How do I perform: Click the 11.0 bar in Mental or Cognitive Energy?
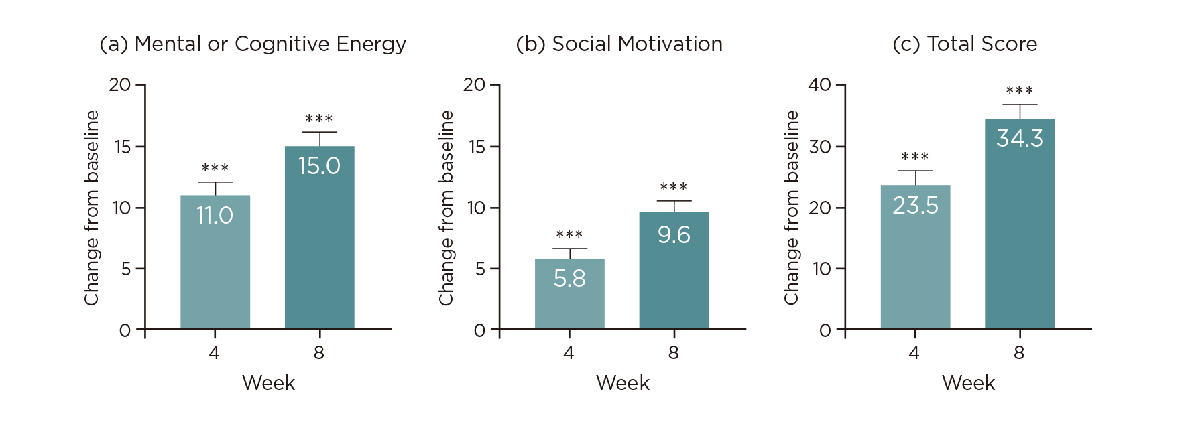(x=215, y=261)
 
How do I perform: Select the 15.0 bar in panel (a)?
(x=319, y=238)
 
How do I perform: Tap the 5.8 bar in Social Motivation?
(x=569, y=293)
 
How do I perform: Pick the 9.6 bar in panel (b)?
(x=673, y=270)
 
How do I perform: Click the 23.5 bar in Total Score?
(x=915, y=257)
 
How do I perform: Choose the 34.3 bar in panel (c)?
(x=1019, y=224)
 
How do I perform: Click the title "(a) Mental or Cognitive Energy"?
(x=253, y=44)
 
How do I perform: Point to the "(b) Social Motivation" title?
(x=619, y=44)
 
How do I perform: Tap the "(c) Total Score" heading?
(x=965, y=44)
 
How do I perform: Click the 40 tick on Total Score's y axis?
(x=819, y=85)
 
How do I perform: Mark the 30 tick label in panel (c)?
(x=819, y=147)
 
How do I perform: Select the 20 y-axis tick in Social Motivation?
(x=474, y=85)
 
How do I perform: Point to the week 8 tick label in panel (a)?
(x=319, y=353)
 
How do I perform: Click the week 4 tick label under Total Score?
(x=914, y=353)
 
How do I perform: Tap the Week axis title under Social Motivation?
(x=623, y=383)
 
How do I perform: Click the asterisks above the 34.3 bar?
(x=1019, y=90)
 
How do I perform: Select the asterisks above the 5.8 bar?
(x=569, y=234)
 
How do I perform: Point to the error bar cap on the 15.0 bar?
(x=319, y=133)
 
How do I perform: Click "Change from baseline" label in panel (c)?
(x=792, y=208)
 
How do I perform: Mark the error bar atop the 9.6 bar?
(x=674, y=206)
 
